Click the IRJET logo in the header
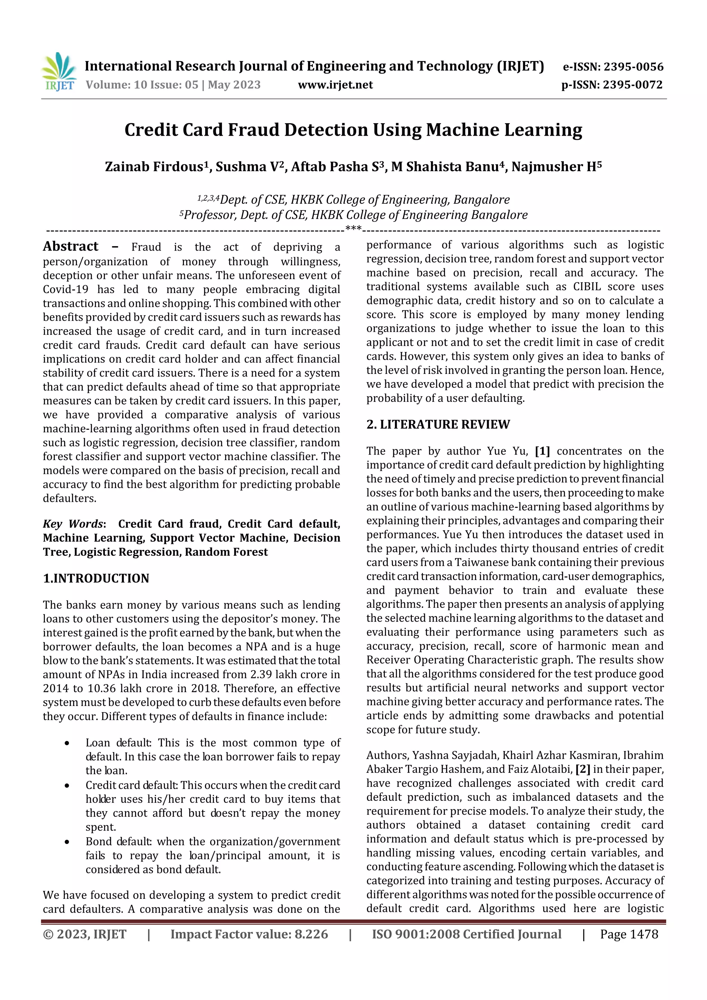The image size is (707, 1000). [x=59, y=71]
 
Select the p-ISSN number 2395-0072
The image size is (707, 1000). [x=632, y=85]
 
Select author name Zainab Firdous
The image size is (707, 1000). [x=154, y=167]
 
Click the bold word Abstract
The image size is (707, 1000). [x=70, y=246]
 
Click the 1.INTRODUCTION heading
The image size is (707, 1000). [x=96, y=579]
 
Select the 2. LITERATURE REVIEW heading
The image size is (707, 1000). [x=438, y=424]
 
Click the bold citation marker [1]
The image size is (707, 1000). [x=542, y=451]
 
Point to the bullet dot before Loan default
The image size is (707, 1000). [x=67, y=744]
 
